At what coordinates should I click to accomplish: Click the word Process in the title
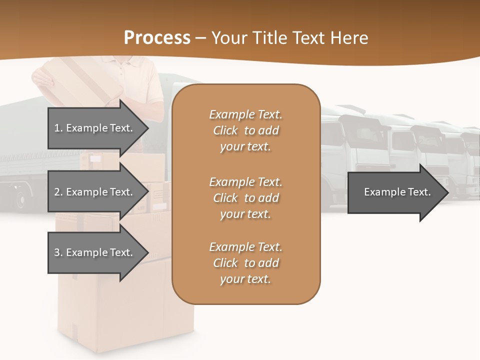tap(157, 38)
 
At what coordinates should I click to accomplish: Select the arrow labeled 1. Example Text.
tap(95, 128)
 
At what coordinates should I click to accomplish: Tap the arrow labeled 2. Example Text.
tap(95, 192)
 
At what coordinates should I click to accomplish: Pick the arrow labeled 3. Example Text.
tap(95, 252)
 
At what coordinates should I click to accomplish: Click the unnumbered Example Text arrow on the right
tap(397, 192)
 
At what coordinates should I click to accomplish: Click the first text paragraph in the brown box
tap(245, 130)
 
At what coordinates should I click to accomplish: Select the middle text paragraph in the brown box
tap(245, 198)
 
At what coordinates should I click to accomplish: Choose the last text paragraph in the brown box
tap(245, 263)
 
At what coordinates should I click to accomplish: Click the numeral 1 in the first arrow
tap(57, 128)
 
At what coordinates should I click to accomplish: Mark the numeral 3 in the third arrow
tap(57, 252)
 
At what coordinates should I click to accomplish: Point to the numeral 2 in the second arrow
tap(57, 192)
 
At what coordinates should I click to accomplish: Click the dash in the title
tap(200, 38)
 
